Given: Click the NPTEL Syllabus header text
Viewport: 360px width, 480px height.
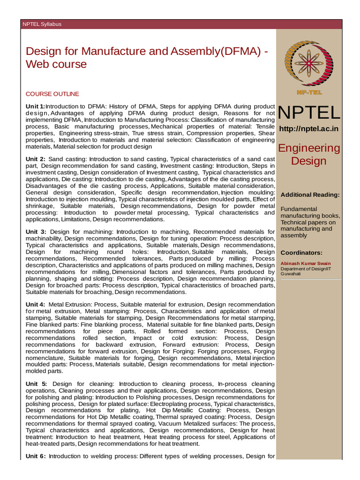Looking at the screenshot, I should pos(42,24).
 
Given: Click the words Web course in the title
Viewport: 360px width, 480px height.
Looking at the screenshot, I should pos(56,64).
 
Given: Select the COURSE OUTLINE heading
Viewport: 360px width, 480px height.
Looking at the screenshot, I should pos(52,94).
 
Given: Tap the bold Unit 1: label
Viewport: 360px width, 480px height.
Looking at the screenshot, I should pos(36,106).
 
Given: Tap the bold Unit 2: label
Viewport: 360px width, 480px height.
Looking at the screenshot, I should pos(36,159).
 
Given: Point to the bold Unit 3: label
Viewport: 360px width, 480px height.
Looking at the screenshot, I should pos(36,232).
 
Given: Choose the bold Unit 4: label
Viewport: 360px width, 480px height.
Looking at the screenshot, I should pos(36,305).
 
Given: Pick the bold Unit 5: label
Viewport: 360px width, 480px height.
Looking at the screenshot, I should pos(36,384).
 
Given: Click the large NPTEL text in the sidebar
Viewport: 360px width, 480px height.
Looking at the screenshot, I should pos(309,113).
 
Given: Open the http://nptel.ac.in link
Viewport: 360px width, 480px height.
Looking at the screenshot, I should pos(309,129).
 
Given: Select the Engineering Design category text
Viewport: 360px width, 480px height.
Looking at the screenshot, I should pos(309,155).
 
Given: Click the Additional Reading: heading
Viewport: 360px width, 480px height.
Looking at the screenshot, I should pos(310,195).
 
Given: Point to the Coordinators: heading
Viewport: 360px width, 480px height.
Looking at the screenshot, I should pos(301,253).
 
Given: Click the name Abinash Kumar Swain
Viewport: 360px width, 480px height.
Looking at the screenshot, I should pos(306,263).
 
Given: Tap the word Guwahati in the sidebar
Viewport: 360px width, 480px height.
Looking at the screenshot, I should pos(291,274).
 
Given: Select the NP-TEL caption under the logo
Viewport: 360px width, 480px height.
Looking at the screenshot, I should pos(308,92).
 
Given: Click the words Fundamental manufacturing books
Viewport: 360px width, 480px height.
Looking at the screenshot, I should pos(309,212).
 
